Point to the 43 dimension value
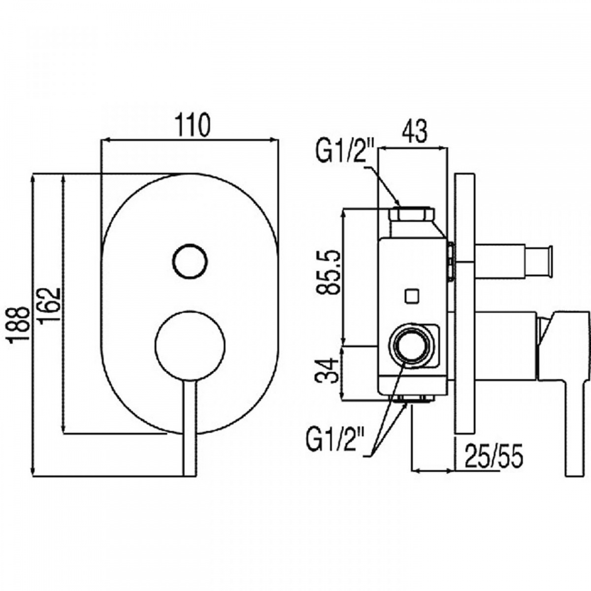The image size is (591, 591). [414, 132]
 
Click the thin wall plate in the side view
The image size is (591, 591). [465, 304]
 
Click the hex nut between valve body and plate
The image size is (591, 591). [451, 262]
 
